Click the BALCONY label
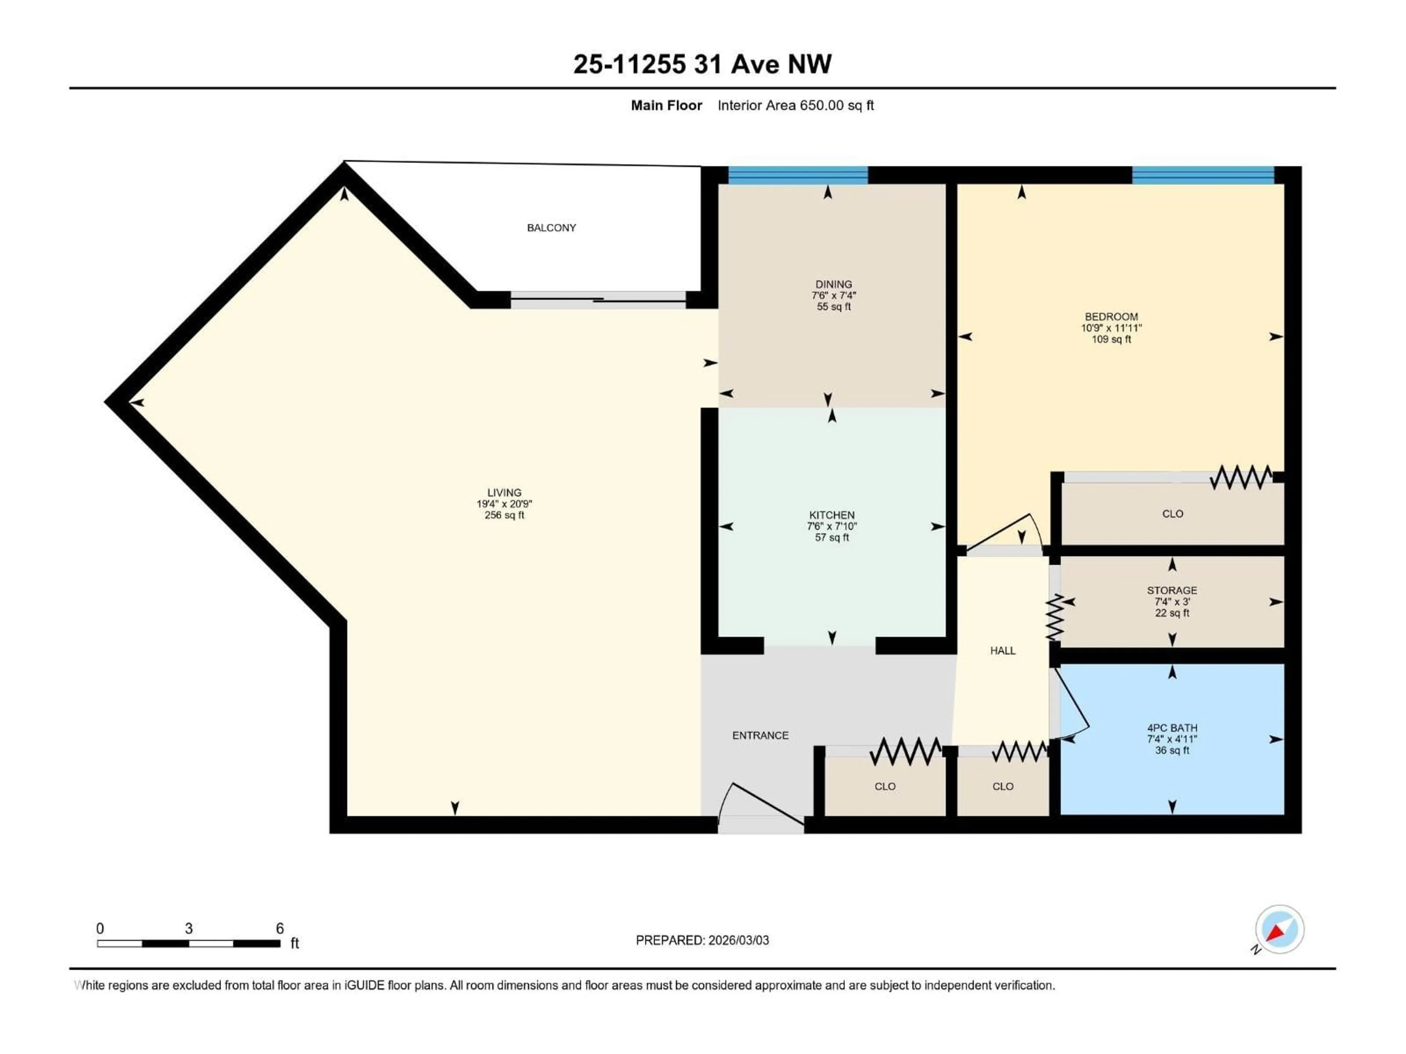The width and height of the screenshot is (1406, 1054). pyautogui.click(x=551, y=227)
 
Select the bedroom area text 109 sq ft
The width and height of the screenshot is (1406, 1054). pyautogui.click(x=1111, y=339)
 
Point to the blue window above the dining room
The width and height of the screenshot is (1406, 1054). pyautogui.click(x=798, y=175)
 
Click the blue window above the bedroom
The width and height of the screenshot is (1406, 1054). pyautogui.click(x=1202, y=175)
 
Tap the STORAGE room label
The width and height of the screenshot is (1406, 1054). pyautogui.click(x=1171, y=590)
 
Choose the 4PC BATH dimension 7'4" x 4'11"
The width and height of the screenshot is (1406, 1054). pyautogui.click(x=1171, y=739)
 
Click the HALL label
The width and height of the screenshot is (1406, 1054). pyautogui.click(x=1003, y=651)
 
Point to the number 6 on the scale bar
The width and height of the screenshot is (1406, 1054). pyautogui.click(x=280, y=928)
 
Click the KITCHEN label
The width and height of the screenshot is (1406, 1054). pyautogui.click(x=832, y=515)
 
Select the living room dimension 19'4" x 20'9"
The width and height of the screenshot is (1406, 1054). pyautogui.click(x=504, y=504)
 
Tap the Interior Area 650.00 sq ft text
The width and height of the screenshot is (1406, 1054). pyautogui.click(x=795, y=105)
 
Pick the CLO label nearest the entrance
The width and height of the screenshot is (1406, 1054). pyautogui.click(x=885, y=786)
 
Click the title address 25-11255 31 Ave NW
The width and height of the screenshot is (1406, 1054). pyautogui.click(x=702, y=64)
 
